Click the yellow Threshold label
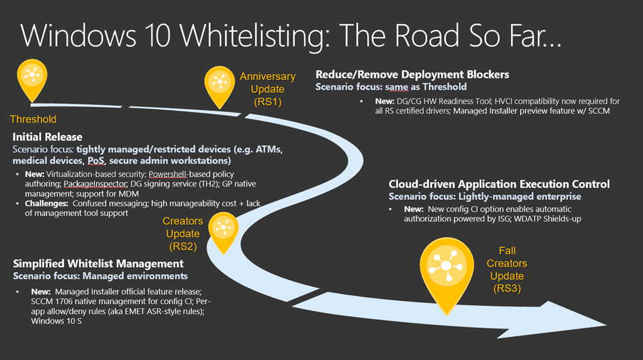click(x=33, y=119)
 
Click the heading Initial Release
click(x=48, y=137)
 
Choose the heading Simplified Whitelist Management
click(x=98, y=264)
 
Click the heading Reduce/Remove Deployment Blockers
click(x=412, y=75)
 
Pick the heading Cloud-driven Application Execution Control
click(x=499, y=184)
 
